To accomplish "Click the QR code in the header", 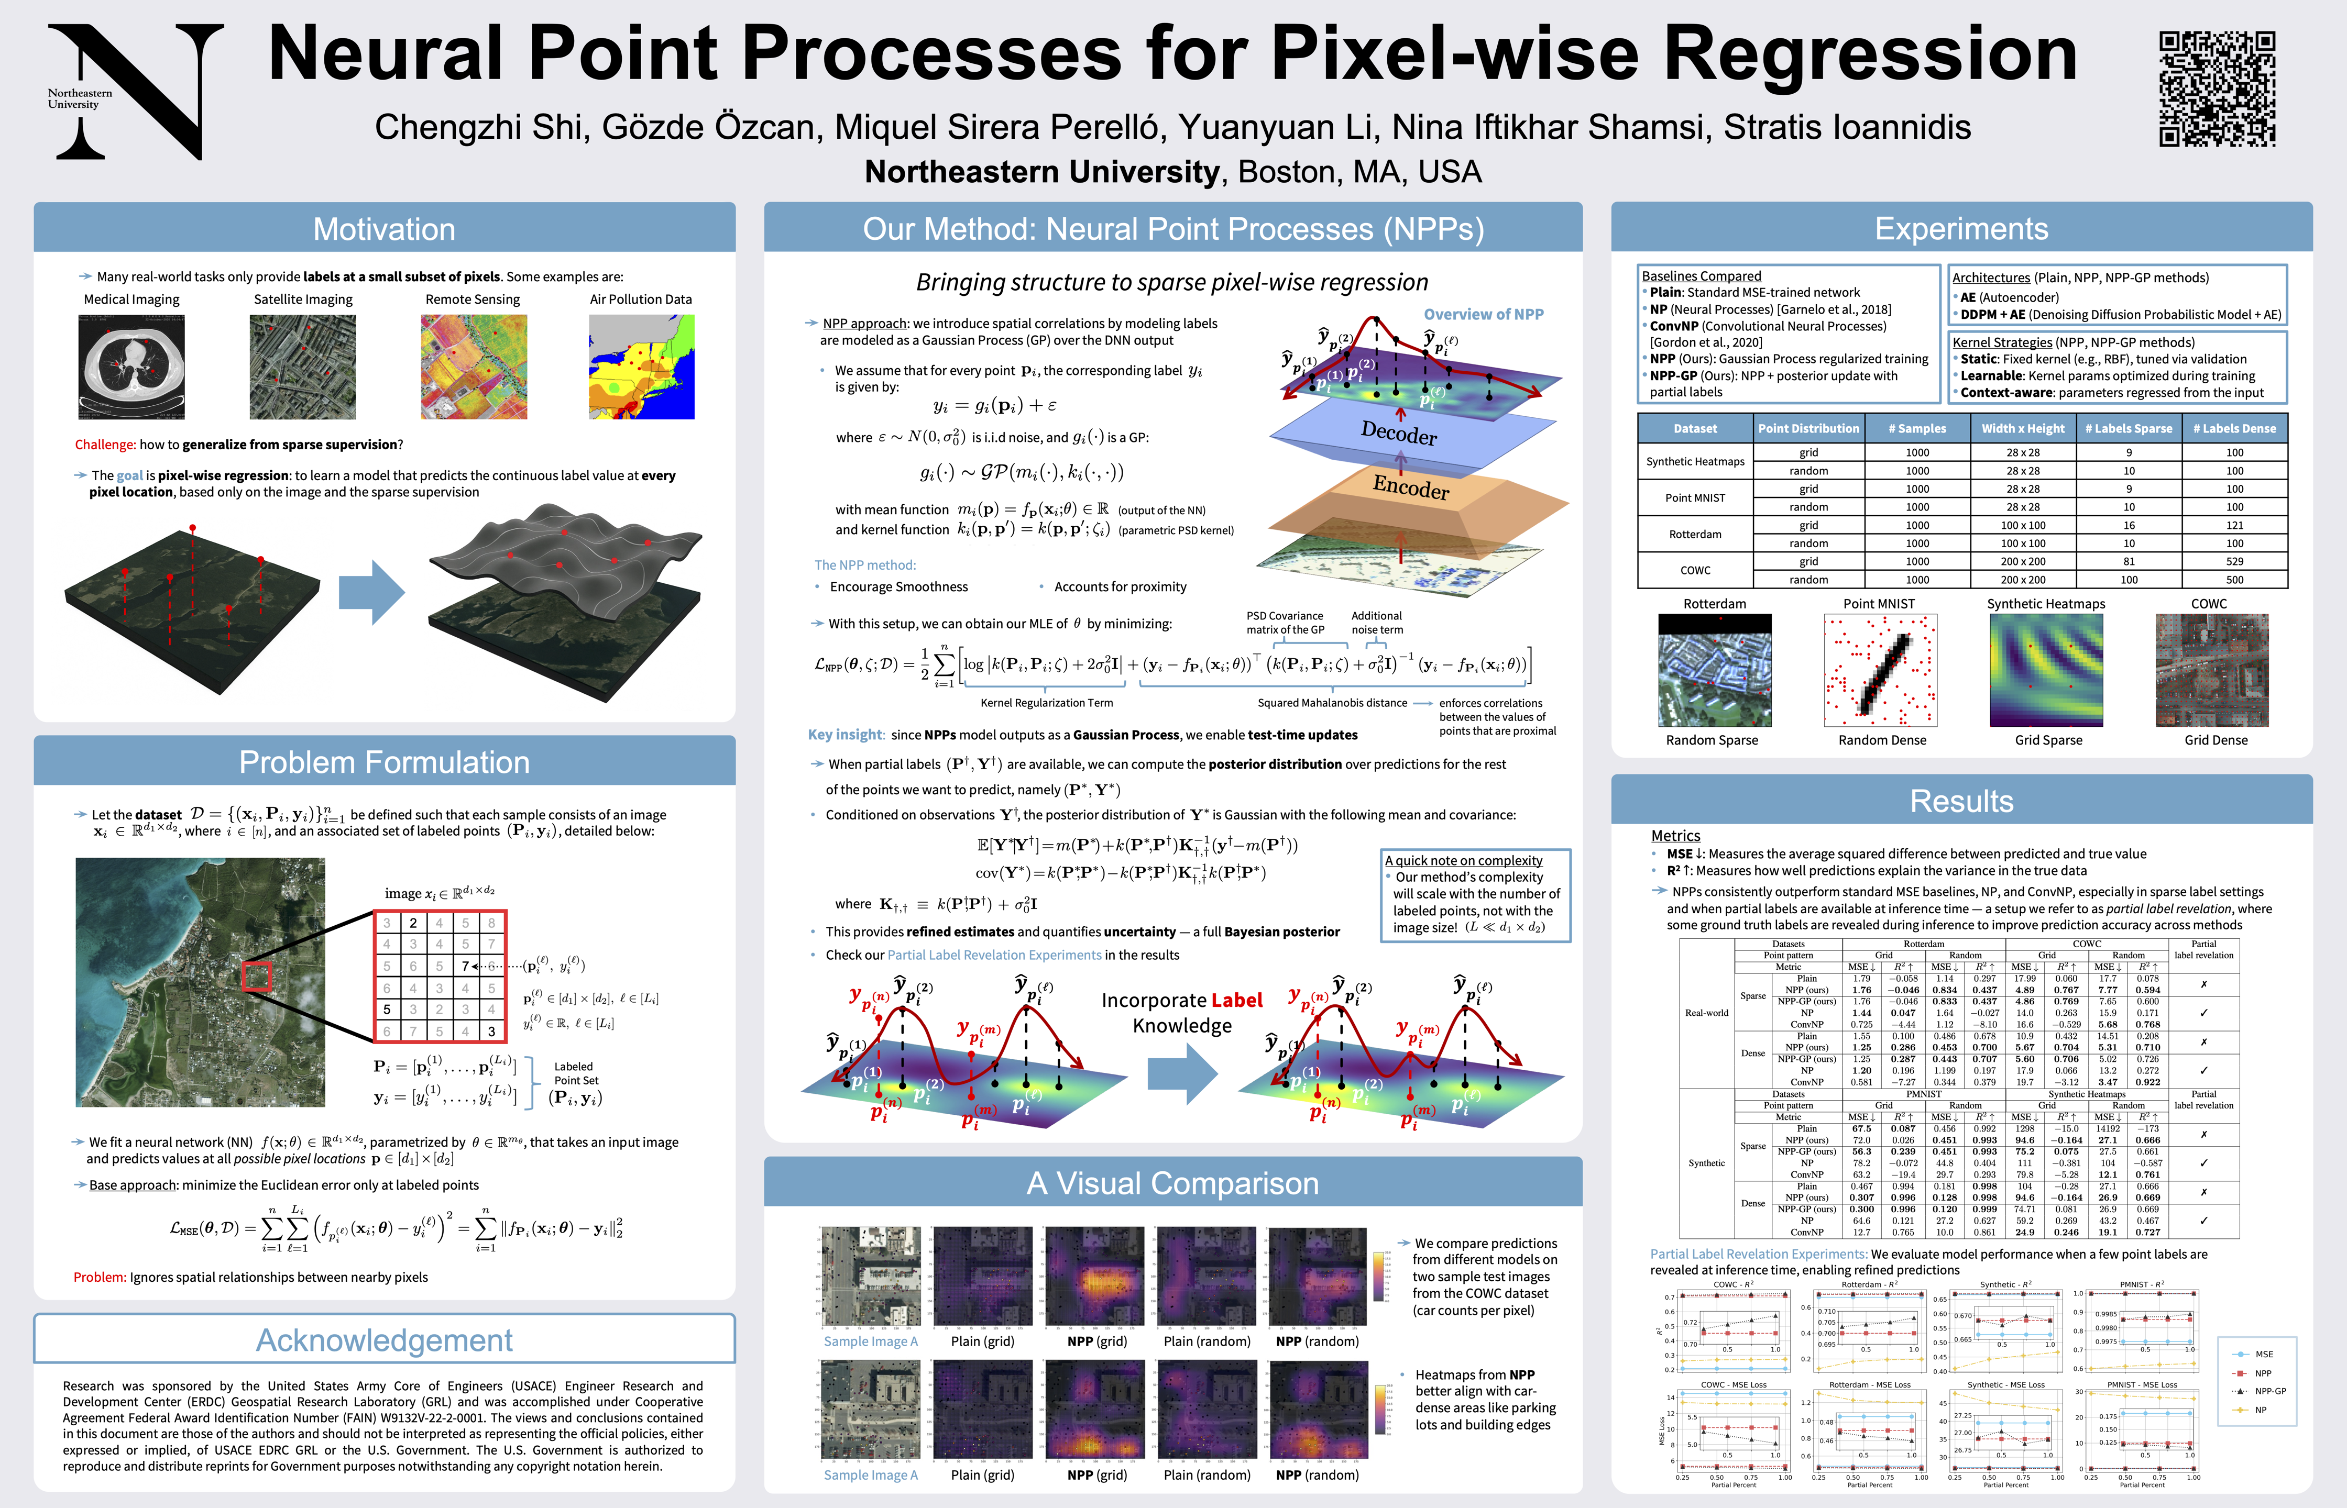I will pyautogui.click(x=2217, y=89).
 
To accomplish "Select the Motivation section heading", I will pyautogui.click(x=384, y=229).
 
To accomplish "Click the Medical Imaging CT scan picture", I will pyautogui.click(x=131, y=367).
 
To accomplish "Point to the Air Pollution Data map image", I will pyautogui.click(x=642, y=367).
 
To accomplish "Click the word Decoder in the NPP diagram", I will pyautogui.click(x=1399, y=432).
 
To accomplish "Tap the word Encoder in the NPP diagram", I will pyautogui.click(x=1410, y=486).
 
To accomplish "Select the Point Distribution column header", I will pyautogui.click(x=1808, y=429).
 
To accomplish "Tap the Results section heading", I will pyautogui.click(x=1961, y=801).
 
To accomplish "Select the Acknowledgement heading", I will pyautogui.click(x=384, y=1339).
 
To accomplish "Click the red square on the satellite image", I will pyautogui.click(x=257, y=977).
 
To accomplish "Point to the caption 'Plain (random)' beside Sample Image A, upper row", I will pyautogui.click(x=1207, y=1341).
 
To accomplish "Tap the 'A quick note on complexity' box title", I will pyautogui.click(x=1463, y=861).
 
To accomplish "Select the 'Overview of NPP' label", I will pyautogui.click(x=1483, y=314).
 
